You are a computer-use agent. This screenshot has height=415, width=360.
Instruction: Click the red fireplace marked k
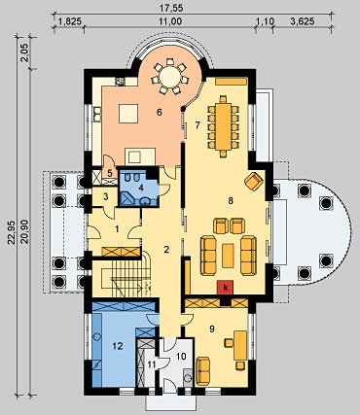pos(226,288)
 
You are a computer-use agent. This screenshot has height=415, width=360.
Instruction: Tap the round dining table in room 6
pos(170,77)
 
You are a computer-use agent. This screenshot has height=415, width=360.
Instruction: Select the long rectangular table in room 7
pos(223,126)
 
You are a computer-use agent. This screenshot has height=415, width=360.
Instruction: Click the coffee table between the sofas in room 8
pos(228,256)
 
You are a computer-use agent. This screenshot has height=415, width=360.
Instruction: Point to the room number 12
pos(118,346)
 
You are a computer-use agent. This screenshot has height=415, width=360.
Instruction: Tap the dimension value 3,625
pos(303,21)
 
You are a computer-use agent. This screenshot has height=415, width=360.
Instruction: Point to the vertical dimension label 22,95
pos(12,232)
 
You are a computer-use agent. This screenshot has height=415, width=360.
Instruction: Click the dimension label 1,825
pos(68,21)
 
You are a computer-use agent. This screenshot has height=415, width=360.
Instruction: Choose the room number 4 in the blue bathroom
pos(141,187)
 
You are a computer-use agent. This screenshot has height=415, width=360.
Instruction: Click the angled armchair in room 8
pos(254,181)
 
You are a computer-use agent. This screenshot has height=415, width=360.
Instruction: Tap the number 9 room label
pos(212,329)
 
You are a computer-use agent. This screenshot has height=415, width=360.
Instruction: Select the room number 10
pos(181,357)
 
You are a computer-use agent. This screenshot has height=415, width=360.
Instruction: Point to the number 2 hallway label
pos(166,250)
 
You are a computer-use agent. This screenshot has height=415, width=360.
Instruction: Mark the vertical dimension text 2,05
pos(24,53)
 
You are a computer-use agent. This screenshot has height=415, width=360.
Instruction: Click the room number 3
pos(105,196)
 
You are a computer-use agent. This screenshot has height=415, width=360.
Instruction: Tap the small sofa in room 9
pos(203,370)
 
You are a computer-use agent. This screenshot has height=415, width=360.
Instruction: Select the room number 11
pos(152,364)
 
